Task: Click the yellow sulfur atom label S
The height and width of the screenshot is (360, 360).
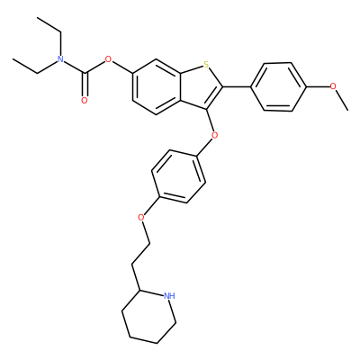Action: [x=206, y=64]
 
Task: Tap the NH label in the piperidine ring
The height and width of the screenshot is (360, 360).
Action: [x=169, y=296]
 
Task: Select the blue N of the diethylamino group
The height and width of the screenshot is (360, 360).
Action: [x=60, y=59]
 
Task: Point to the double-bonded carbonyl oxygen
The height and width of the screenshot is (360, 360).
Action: [x=85, y=101]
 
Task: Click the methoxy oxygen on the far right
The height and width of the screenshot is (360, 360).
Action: [x=333, y=86]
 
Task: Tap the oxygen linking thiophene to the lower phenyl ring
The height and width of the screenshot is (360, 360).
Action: [x=214, y=135]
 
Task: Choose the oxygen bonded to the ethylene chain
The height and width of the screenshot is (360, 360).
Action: [x=141, y=217]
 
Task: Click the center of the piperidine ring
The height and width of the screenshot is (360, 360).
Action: [x=148, y=317]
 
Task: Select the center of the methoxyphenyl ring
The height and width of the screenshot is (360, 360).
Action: [x=278, y=86]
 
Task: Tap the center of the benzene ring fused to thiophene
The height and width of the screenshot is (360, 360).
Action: [x=156, y=86]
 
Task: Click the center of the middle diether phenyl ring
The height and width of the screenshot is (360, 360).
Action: [x=178, y=176]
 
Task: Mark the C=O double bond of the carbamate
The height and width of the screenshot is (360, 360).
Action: [x=85, y=85]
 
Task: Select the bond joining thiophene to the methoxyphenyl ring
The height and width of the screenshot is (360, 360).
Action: [x=237, y=86]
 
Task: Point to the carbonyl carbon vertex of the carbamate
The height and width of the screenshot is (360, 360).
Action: [x=85, y=73]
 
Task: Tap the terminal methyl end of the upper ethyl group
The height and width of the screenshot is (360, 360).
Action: [x=37, y=18]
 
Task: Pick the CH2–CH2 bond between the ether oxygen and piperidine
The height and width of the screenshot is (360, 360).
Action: [x=140, y=254]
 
